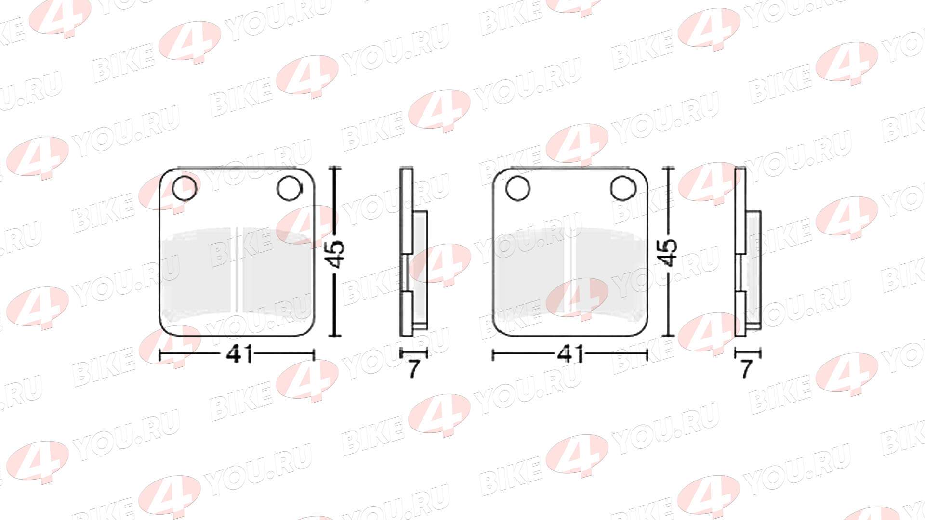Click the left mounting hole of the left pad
coord(185,188)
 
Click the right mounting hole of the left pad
coord(290,188)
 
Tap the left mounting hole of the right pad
coord(518,188)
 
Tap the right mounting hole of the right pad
coord(623,188)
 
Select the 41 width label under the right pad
coord(570,355)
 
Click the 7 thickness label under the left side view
coord(413,369)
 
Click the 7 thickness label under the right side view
coord(746,369)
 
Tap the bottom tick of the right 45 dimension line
coord(668,336)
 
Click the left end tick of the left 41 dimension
coord(160,355)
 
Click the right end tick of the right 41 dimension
coord(647,355)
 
